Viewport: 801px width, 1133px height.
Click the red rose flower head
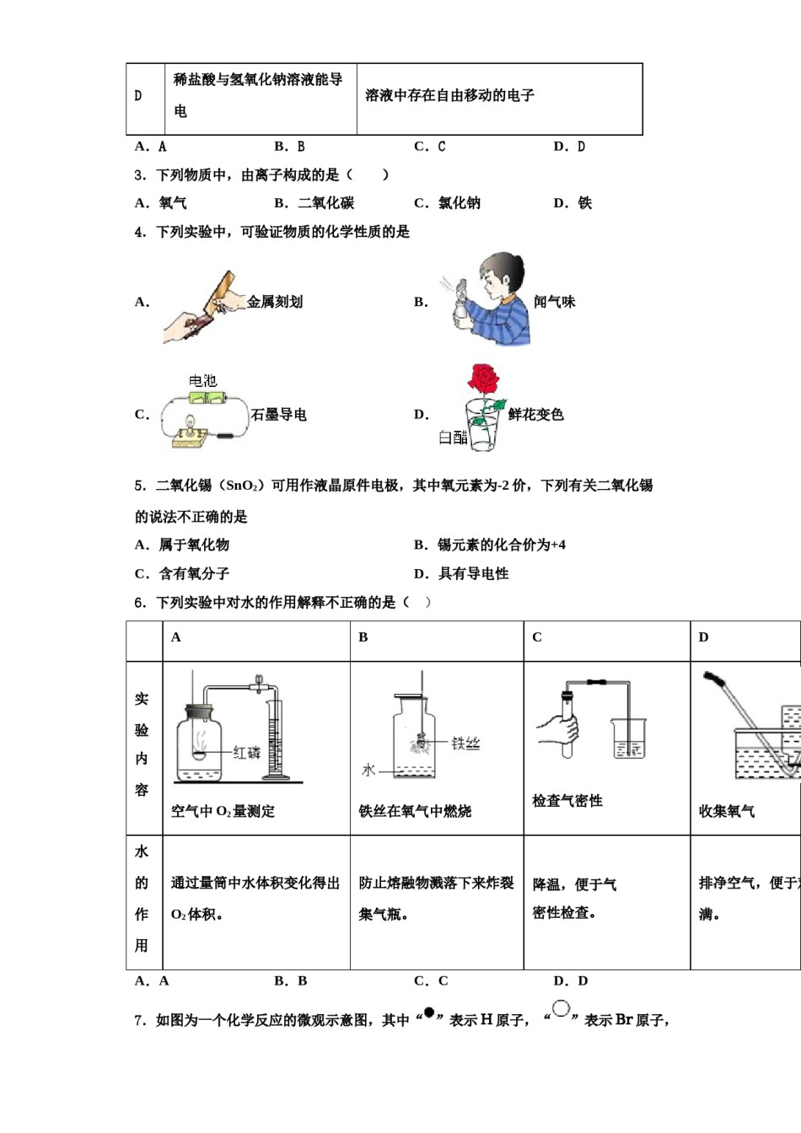pos(483,379)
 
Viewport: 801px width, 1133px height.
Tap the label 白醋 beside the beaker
pos(452,437)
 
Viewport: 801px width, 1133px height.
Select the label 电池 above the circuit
pos(202,381)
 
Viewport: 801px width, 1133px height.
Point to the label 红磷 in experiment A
pos(246,752)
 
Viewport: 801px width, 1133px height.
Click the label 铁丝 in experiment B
pos(465,743)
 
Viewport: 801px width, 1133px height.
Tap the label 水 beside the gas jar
pos(368,770)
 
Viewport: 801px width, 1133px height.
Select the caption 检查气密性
pos(567,801)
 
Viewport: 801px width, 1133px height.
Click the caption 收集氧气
pos(726,811)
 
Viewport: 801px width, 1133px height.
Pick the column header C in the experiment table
pos(537,637)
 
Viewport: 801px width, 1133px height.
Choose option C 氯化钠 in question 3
pos(448,203)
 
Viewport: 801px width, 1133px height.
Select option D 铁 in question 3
pos(573,203)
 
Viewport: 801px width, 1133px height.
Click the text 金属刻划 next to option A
pos(275,302)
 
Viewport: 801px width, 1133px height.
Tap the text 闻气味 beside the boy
pos(554,302)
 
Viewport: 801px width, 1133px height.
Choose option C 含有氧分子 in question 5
pos(182,574)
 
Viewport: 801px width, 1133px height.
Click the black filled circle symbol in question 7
pos(428,1012)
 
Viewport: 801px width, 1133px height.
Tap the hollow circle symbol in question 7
pos(561,1008)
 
